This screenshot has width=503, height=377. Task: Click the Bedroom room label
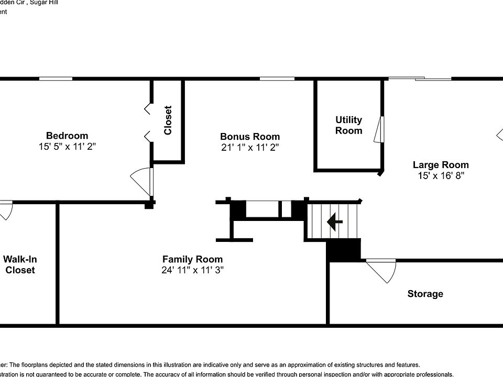pyautogui.click(x=67, y=136)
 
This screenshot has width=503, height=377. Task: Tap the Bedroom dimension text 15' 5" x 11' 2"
pyautogui.click(x=67, y=147)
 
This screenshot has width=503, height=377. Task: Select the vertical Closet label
pyautogui.click(x=168, y=120)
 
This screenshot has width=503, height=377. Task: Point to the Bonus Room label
pyautogui.click(x=250, y=137)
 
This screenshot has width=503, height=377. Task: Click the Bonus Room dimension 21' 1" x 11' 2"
pyautogui.click(x=250, y=148)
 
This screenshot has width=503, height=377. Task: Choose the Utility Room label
pyautogui.click(x=348, y=125)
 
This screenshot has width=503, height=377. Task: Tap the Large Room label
pyautogui.click(x=441, y=165)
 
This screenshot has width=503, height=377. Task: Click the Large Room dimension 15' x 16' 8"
pyautogui.click(x=441, y=176)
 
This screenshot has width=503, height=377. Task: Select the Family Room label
pyautogui.click(x=192, y=259)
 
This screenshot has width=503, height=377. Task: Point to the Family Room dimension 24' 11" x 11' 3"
pyautogui.click(x=192, y=270)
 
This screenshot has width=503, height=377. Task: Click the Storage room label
pyautogui.click(x=425, y=294)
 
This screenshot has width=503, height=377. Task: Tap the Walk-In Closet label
pyautogui.click(x=19, y=264)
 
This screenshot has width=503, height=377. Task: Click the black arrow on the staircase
pyautogui.click(x=334, y=222)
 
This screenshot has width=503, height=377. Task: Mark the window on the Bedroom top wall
pyautogui.click(x=56, y=79)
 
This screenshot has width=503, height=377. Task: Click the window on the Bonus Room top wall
pyautogui.click(x=277, y=79)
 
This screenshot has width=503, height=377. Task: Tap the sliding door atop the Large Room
pyautogui.click(x=420, y=79)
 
